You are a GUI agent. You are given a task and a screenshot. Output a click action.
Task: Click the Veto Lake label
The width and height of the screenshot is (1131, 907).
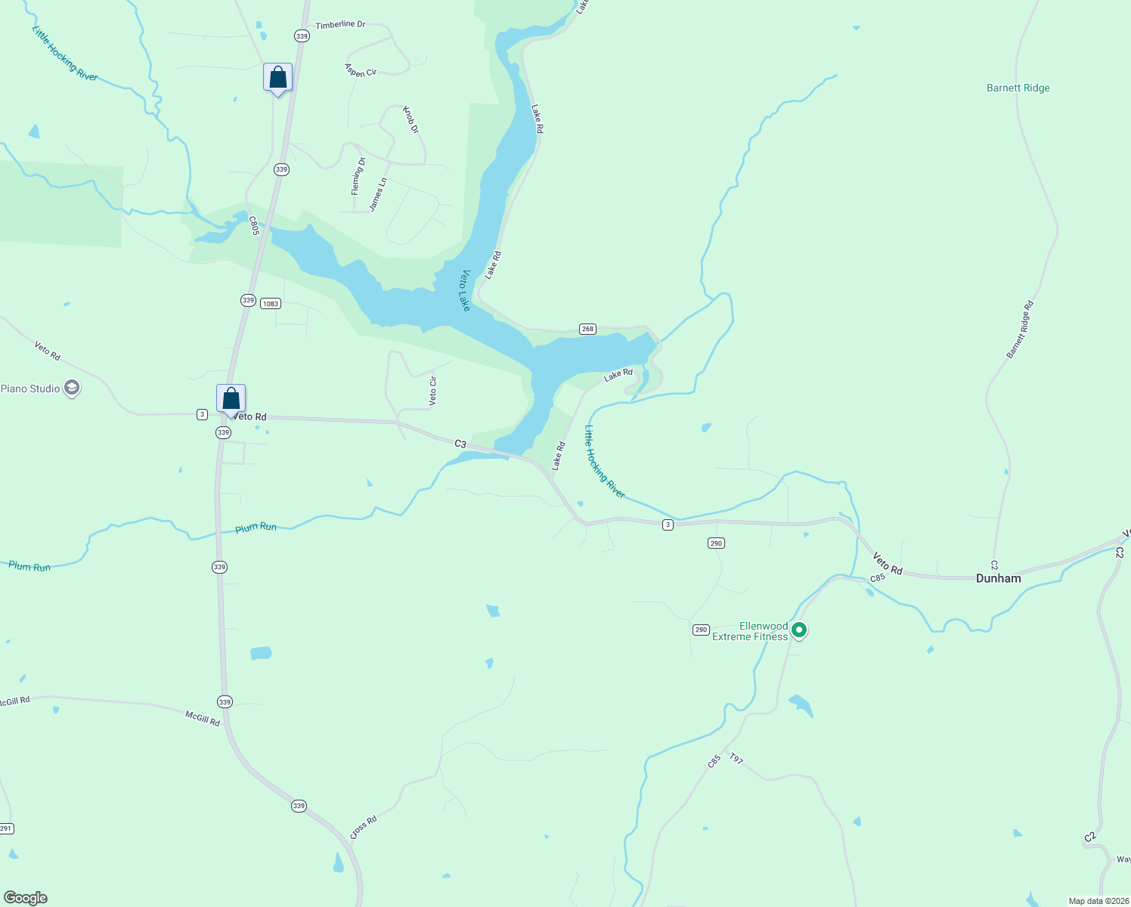(466, 290)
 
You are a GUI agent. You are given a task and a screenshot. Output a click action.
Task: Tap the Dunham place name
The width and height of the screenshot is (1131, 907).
(998, 578)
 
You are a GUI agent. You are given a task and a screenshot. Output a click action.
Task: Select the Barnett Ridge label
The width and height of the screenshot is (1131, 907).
(1018, 88)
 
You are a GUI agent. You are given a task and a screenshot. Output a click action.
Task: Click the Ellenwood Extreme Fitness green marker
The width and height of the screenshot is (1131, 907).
(798, 630)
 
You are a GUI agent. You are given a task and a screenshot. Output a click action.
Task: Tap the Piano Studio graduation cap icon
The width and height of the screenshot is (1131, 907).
(72, 388)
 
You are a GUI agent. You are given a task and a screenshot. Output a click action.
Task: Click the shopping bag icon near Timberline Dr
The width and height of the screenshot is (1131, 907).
(277, 78)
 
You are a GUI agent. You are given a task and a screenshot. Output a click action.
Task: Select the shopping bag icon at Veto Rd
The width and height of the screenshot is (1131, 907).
(231, 398)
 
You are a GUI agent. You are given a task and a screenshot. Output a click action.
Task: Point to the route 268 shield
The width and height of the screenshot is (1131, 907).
(587, 329)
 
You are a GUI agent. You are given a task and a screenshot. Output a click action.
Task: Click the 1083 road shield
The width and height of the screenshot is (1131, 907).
(270, 303)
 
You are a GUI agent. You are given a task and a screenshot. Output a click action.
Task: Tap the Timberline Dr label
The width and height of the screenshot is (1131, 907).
(340, 25)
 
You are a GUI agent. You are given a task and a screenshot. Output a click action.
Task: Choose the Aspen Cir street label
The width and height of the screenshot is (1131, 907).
(361, 70)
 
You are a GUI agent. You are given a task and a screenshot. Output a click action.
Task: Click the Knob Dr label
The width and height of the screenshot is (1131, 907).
(410, 119)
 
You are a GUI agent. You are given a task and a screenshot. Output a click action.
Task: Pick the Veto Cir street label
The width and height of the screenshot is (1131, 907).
(433, 391)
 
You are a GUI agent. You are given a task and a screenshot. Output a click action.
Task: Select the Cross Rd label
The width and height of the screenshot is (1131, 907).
(364, 827)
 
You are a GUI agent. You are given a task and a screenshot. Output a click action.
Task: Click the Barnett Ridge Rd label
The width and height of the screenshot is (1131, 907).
(1020, 330)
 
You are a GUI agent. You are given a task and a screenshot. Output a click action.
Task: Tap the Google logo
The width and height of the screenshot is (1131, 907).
(26, 898)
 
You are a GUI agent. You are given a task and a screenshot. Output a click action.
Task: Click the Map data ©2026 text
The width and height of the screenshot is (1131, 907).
(1098, 901)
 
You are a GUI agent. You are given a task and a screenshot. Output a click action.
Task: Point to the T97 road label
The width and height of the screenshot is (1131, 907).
(736, 758)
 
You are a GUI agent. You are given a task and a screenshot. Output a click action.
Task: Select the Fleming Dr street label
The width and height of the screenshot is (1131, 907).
(358, 176)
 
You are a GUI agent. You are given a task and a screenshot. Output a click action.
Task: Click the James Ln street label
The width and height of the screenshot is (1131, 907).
(378, 194)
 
